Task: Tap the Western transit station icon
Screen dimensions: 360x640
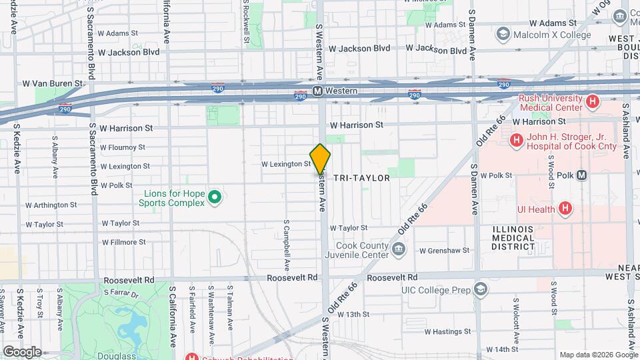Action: point(318,91)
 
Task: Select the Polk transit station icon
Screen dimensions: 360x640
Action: point(582,175)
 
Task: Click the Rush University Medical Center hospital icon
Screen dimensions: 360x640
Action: point(592,102)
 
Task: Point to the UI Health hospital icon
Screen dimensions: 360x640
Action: point(565,209)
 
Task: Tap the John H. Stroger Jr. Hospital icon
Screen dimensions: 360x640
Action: point(516,141)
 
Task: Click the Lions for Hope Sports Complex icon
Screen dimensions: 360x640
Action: point(214,197)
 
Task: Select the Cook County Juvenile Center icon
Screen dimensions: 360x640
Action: point(398,250)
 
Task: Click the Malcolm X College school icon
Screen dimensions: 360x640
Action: point(503,35)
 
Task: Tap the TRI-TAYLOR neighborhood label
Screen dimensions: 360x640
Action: point(361,179)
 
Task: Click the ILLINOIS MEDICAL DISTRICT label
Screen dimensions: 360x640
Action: point(513,237)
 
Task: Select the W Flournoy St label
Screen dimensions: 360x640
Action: point(123,147)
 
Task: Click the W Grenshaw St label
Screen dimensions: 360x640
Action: point(444,251)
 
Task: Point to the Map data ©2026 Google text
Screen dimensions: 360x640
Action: point(598,355)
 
